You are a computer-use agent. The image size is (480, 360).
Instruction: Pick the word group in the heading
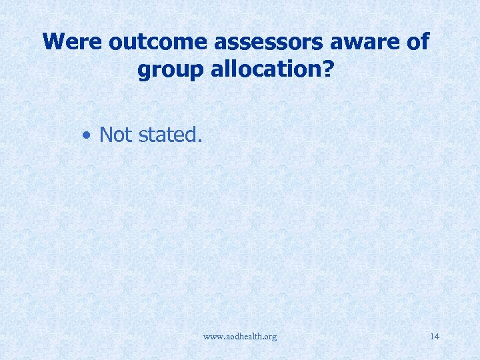coord(169,69)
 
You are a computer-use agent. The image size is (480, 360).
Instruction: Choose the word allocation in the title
coord(268,69)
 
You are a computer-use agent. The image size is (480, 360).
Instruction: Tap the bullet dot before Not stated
coord(87,135)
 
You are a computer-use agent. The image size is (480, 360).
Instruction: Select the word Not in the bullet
coord(115,135)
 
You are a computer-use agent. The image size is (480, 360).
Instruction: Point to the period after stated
coord(199,141)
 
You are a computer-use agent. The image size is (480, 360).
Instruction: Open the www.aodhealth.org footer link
coord(240,337)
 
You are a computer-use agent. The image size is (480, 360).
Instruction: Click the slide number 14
coord(435,337)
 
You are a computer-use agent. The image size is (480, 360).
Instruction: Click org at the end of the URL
coord(269,337)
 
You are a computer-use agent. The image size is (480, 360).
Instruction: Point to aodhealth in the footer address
coord(243,337)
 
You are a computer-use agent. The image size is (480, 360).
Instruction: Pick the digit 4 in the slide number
coord(437,337)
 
